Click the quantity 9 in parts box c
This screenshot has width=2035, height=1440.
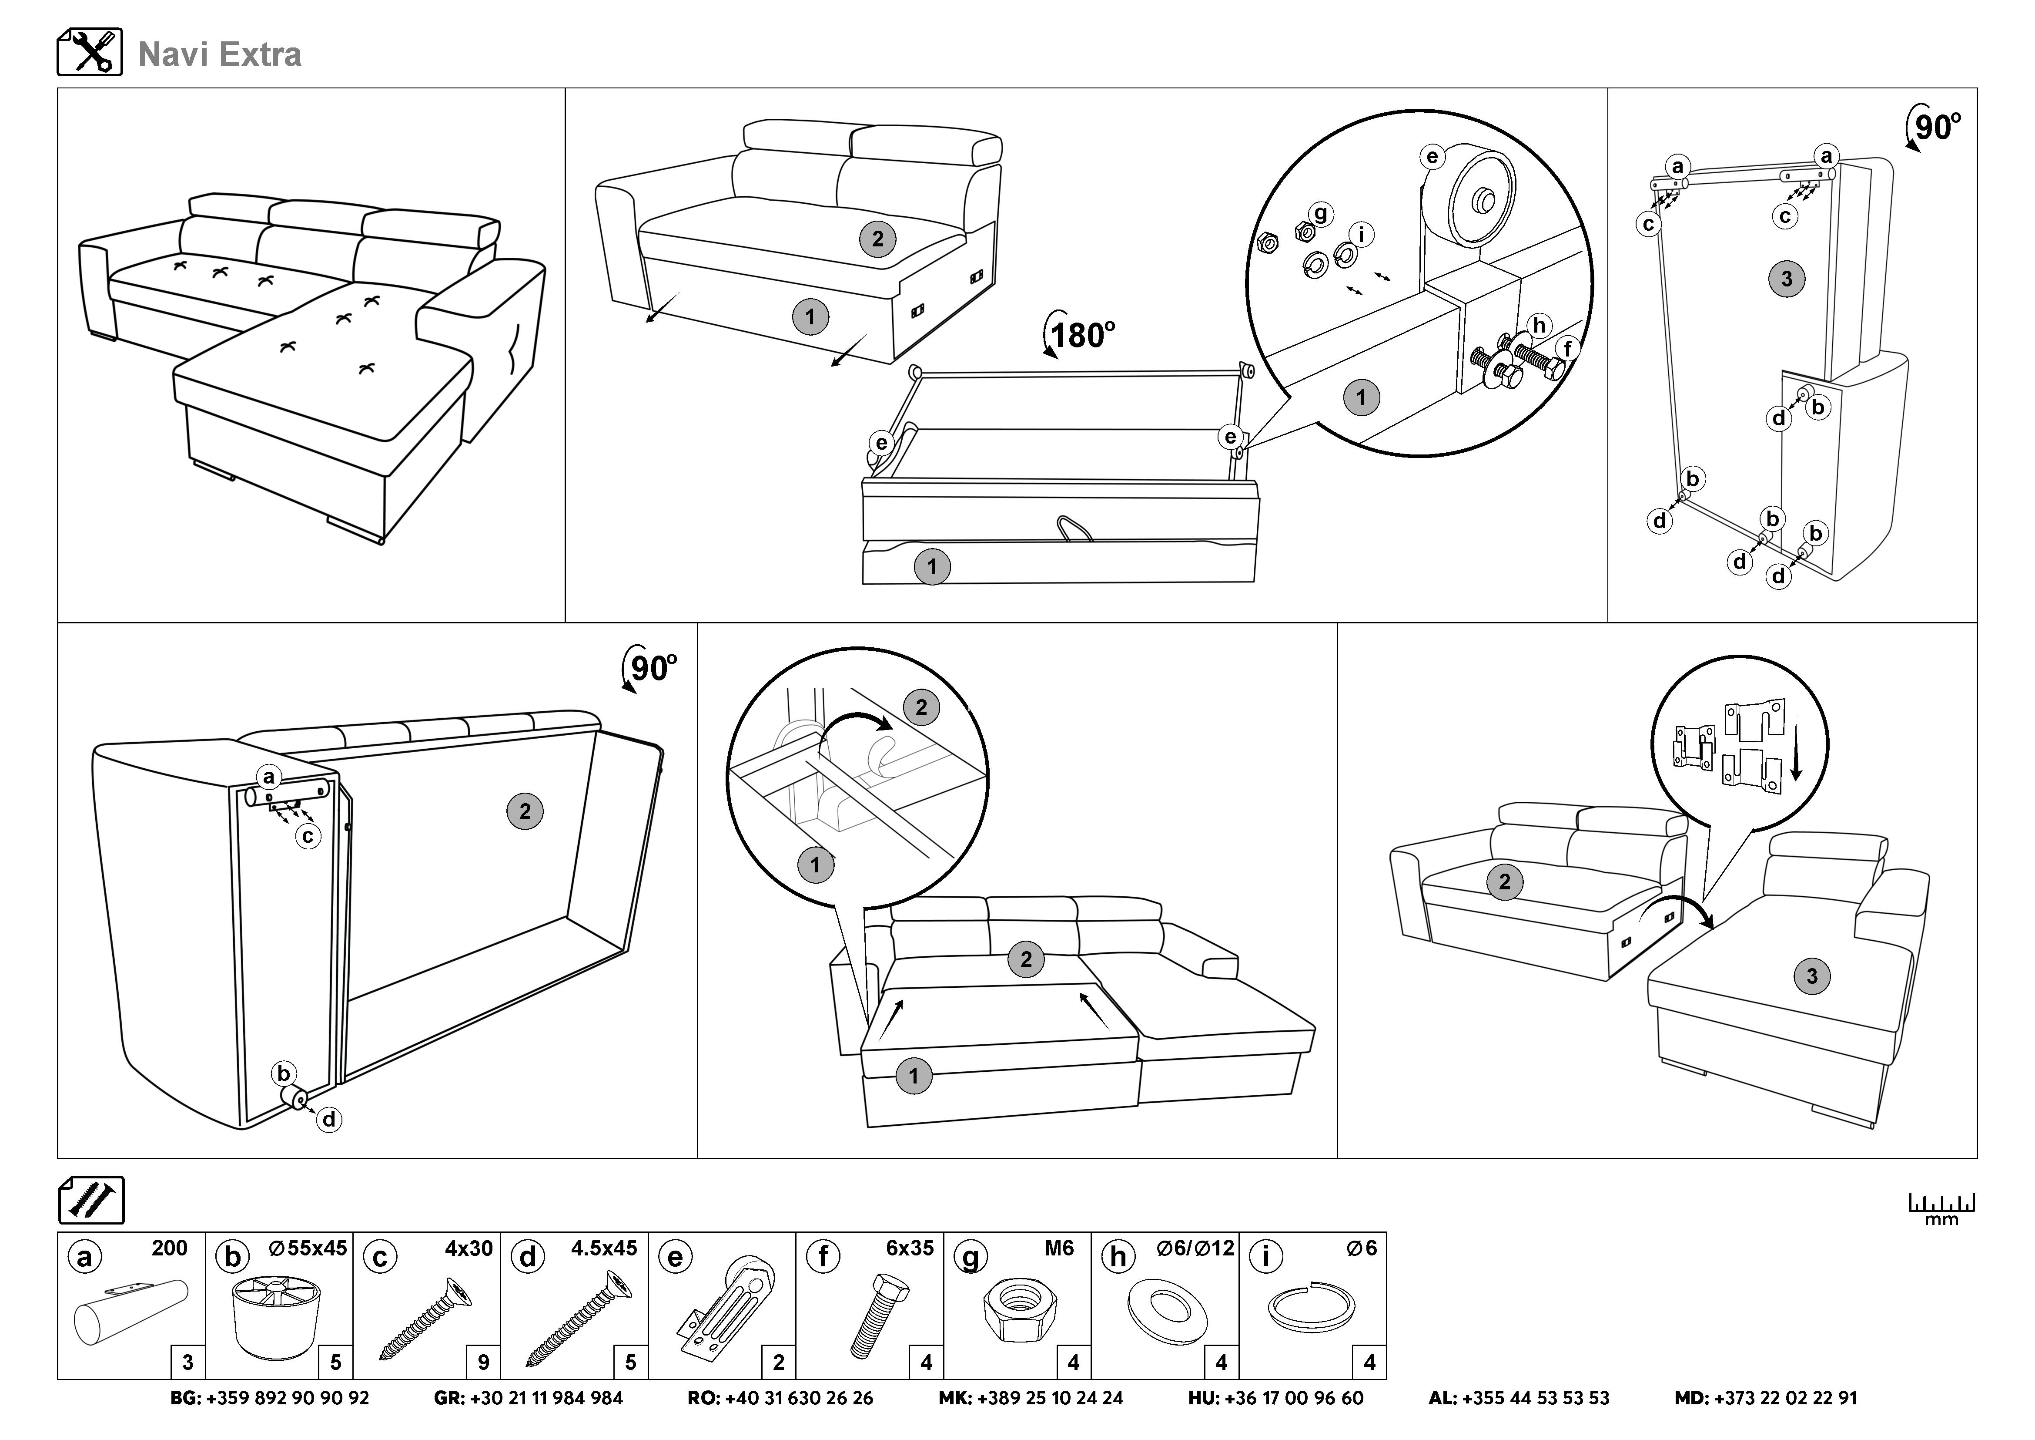[x=483, y=1362]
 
